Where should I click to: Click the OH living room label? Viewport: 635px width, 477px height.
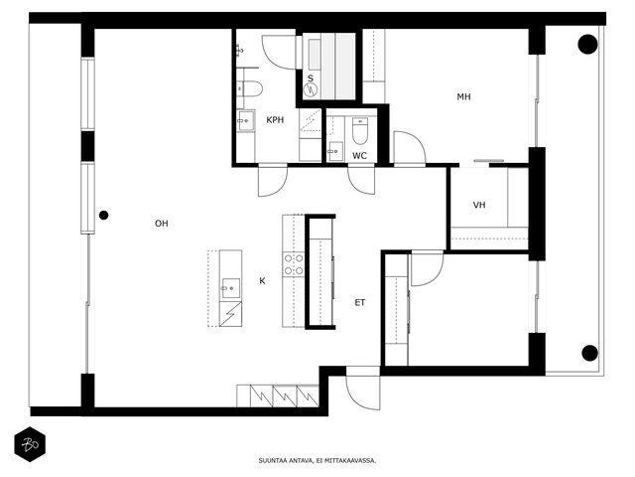[x=161, y=223]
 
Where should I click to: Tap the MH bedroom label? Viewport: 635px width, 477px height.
[x=463, y=96]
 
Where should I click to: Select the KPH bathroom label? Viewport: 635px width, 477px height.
[x=275, y=120]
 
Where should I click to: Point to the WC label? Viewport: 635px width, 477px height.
[x=359, y=155]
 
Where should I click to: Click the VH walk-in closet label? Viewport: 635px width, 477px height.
[x=479, y=205]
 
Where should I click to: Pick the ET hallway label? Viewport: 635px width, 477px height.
[x=359, y=302]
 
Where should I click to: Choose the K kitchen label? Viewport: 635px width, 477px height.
[x=262, y=280]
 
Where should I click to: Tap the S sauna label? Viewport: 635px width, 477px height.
[x=311, y=79]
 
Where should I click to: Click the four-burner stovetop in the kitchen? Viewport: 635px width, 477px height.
[x=294, y=264]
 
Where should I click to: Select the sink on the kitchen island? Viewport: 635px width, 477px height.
[x=230, y=288]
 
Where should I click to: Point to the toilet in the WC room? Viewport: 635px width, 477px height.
[x=359, y=131]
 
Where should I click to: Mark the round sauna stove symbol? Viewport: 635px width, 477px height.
[x=311, y=90]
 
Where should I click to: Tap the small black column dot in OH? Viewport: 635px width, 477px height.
[x=103, y=216]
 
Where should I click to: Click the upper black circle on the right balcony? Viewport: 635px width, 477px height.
[x=587, y=44]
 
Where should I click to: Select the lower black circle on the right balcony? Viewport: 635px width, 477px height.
[x=589, y=353]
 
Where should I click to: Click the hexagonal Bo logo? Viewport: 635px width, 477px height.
[x=30, y=444]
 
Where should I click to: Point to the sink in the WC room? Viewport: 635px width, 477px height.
[x=335, y=151]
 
